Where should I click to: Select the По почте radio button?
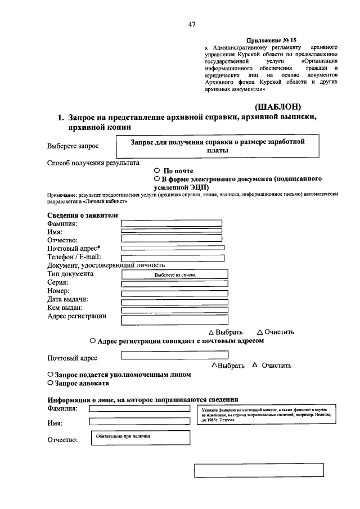pyautogui.click(x=157, y=170)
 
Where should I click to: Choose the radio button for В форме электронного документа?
pyautogui.click(x=157, y=178)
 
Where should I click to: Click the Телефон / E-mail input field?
pyautogui.click(x=173, y=258)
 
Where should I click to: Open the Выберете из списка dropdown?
pyautogui.click(x=175, y=275)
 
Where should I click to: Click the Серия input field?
pyautogui.click(x=175, y=283)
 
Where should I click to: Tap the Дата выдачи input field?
pyautogui.click(x=175, y=301)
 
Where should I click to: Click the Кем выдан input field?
pyautogui.click(x=175, y=309)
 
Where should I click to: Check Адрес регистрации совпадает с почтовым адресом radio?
pyautogui.click(x=92, y=341)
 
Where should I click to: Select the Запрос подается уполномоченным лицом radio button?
pyautogui.click(x=51, y=374)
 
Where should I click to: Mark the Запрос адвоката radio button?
pyautogui.click(x=51, y=383)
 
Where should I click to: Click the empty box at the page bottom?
pyautogui.click(x=261, y=470)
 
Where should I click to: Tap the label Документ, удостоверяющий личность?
pyautogui.click(x=106, y=265)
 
